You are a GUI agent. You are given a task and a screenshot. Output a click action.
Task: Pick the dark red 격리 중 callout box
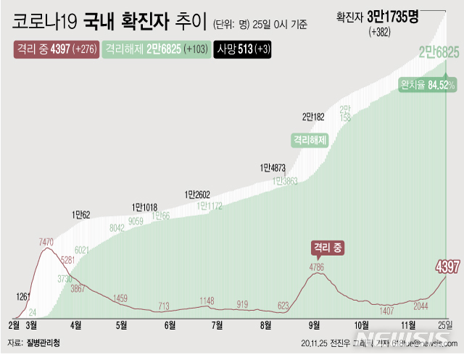327,247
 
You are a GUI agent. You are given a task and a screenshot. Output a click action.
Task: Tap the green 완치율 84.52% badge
427,85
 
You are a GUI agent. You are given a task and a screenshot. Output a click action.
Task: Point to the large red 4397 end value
447,267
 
